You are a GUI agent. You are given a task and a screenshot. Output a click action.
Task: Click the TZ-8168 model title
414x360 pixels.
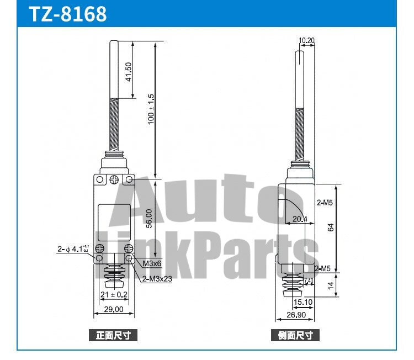pos(67,14)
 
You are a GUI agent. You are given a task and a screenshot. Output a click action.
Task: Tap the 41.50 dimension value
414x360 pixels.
pos(129,72)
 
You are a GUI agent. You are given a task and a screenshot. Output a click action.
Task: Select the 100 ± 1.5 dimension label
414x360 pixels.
pos(151,109)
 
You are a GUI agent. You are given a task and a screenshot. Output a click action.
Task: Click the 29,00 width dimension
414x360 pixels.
pos(114,310)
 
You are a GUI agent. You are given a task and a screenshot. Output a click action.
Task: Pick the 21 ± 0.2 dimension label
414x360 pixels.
pos(114,295)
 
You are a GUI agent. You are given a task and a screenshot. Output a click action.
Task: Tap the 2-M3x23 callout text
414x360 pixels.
pos(157,279)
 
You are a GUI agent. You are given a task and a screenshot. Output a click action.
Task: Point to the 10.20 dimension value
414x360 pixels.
pos(306,40)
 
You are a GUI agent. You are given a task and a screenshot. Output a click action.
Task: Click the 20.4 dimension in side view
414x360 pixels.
pos(300,219)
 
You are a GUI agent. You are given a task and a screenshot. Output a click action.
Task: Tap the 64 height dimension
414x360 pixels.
pos(331,227)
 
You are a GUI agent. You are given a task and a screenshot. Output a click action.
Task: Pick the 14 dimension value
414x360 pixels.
pos(331,286)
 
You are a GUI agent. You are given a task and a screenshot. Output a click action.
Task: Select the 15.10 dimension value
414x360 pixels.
pos(304,302)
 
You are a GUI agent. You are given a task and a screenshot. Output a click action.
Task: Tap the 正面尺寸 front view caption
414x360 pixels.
pos(113,335)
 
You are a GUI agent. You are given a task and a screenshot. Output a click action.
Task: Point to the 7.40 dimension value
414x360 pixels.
pos(309,281)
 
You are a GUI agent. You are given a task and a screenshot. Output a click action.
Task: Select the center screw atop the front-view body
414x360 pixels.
pos(114,179)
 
